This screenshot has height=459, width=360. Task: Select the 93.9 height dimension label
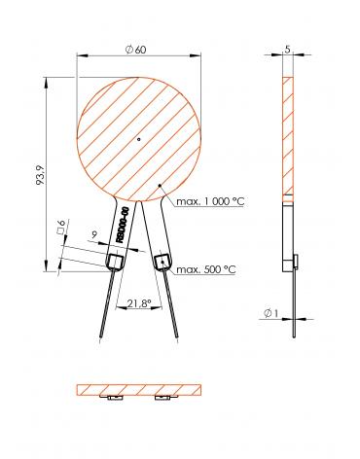[40, 178]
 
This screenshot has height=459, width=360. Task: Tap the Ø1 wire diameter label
[271, 314]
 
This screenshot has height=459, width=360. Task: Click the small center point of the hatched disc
[139, 140]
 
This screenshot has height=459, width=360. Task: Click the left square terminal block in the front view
[117, 260]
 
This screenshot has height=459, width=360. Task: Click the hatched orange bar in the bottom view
[139, 389]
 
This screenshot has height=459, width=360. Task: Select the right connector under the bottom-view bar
[165, 398]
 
